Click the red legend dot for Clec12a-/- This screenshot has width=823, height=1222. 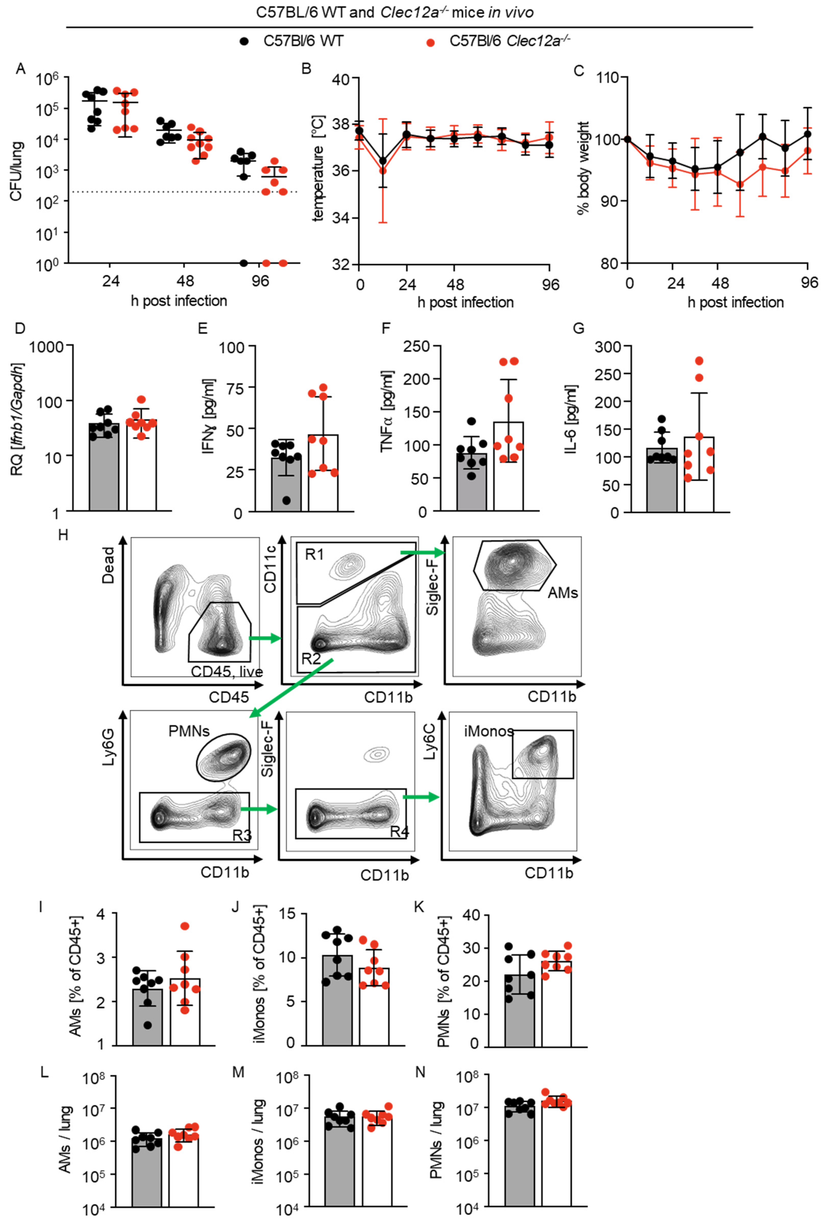[430, 42]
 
